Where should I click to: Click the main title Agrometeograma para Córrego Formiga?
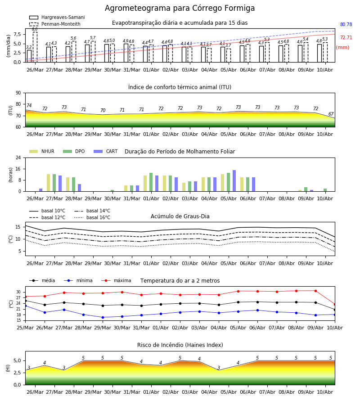[x=180, y=8]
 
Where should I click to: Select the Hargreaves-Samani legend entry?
[x=57, y=17]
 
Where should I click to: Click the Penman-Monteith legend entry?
[x=55, y=24]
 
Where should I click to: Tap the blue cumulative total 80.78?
[x=346, y=25]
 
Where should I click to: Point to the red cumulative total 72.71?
[x=346, y=37]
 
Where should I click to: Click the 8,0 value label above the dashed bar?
[x=35, y=29]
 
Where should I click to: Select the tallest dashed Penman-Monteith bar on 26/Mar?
[x=35, y=47]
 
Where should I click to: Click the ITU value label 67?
[x=331, y=114]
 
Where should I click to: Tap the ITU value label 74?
[x=29, y=105]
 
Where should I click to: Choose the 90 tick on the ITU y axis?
[x=18, y=93]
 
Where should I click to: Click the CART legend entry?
[x=106, y=151]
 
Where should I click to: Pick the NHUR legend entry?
[x=42, y=151]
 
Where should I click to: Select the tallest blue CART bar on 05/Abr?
[x=234, y=181]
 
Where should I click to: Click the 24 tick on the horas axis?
[x=18, y=157]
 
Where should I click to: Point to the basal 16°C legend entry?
[x=92, y=217]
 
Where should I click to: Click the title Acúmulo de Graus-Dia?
[x=180, y=216]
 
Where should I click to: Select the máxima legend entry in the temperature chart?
[x=116, y=280]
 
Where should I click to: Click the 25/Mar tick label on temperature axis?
[x=25, y=328]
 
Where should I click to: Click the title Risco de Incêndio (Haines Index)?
[x=180, y=345]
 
